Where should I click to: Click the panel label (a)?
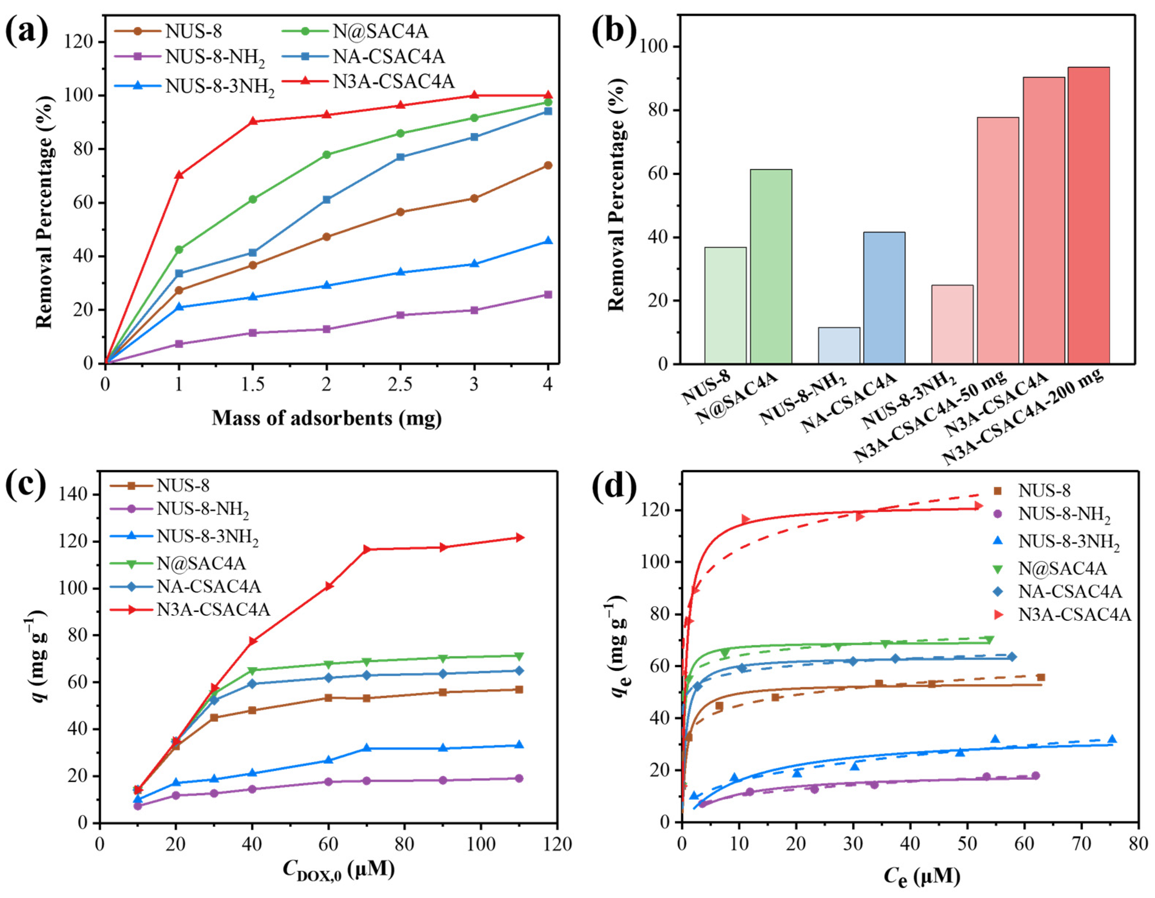[26, 31]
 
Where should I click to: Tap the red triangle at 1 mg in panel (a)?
[179, 175]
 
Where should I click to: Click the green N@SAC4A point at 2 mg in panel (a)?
[326, 154]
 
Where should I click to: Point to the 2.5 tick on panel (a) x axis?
[400, 384]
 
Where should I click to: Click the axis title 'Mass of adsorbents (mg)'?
[326, 418]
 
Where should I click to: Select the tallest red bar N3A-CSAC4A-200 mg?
[1089, 222]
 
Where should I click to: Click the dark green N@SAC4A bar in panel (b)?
[770, 266]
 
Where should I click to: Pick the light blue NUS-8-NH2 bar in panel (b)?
[839, 345]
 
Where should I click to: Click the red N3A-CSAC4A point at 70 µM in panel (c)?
[367, 549]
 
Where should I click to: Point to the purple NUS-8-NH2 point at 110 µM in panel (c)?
[519, 779]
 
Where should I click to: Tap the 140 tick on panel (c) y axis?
[75, 495]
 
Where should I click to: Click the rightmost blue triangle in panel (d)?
[1112, 739]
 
